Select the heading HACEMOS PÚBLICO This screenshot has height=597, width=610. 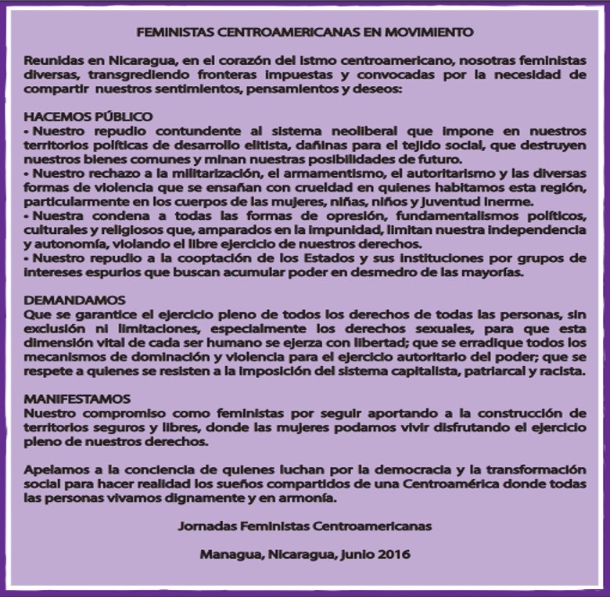click(x=88, y=117)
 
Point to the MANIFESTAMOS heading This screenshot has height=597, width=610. click(x=77, y=399)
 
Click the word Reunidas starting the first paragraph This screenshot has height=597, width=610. click(x=51, y=61)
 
